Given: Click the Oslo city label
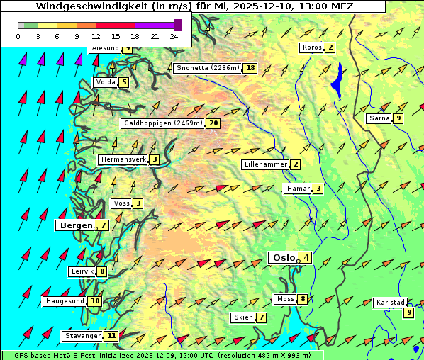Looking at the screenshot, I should tap(282, 257).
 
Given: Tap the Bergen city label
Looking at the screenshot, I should tap(75, 225).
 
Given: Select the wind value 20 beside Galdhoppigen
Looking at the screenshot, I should tap(213, 123).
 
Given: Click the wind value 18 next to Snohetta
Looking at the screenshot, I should tap(250, 68).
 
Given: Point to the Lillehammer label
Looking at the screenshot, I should tap(265, 164).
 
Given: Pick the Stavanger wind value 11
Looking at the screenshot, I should tap(111, 336).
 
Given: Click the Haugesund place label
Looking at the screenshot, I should tap(65, 301).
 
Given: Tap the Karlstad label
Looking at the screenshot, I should tap(391, 303).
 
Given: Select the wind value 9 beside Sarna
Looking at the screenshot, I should tap(398, 118).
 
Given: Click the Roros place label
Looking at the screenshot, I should tap(312, 47).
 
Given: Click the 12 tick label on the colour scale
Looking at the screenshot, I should tap(96, 36).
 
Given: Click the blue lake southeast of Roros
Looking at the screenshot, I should tap(337, 79).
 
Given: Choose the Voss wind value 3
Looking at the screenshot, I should tap(138, 204).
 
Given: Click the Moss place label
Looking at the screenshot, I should tap(285, 299).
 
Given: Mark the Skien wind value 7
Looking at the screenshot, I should tap(262, 317).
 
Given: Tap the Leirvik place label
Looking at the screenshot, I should tap(83, 271).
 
